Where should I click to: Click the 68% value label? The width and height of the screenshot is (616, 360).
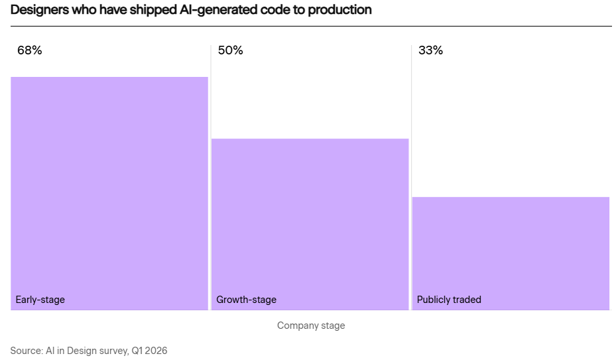(x=29, y=50)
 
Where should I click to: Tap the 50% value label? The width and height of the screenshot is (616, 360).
(x=230, y=50)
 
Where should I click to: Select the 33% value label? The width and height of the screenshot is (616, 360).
(x=430, y=50)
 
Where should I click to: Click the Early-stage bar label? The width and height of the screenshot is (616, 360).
(x=40, y=300)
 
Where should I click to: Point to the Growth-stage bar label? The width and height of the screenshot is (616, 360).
(x=246, y=300)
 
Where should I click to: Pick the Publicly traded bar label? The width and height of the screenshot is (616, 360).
(x=449, y=300)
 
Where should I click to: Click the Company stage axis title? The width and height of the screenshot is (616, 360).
(x=311, y=326)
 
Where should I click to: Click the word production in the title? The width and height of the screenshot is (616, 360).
(x=339, y=10)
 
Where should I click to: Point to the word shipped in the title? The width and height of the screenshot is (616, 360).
(x=153, y=10)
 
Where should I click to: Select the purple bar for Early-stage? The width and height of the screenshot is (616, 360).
(x=109, y=194)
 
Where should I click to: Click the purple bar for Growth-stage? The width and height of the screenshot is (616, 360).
(x=310, y=224)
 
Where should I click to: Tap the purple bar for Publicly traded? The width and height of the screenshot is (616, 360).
(x=511, y=253)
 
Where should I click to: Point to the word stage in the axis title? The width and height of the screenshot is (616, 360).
(x=333, y=326)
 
